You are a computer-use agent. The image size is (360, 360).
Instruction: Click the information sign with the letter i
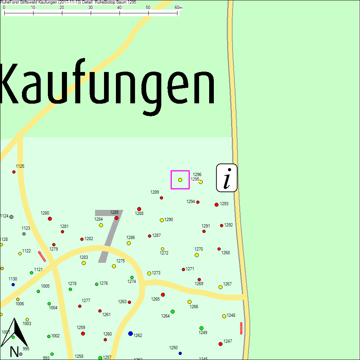[226, 178]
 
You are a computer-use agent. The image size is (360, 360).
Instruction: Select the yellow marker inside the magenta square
[180, 180]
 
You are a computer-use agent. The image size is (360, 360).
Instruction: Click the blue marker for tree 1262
[130, 334]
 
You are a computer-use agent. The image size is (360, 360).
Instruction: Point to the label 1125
[20, 166]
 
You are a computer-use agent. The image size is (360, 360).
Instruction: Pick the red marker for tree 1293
[216, 204]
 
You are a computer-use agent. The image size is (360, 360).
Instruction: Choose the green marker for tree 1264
[172, 311]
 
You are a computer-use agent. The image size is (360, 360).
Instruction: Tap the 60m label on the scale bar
[178, 8]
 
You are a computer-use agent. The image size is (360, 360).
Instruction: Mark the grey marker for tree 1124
[11, 217]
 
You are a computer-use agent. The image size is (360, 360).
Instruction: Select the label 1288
[139, 213]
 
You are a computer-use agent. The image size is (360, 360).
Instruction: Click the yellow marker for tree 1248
[224, 316]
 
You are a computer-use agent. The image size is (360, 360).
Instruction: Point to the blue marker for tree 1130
[13, 284]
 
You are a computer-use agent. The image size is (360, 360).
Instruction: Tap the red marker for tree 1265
[163, 294]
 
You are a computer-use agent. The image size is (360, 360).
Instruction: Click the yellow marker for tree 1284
[101, 225]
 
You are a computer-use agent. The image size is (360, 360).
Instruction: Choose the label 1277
[86, 300]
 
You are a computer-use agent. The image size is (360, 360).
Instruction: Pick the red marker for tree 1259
[83, 333]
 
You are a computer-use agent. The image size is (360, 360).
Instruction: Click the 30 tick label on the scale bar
[90, 8]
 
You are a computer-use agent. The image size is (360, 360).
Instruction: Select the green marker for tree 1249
[201, 328]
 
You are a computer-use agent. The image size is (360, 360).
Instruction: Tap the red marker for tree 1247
[220, 344]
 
